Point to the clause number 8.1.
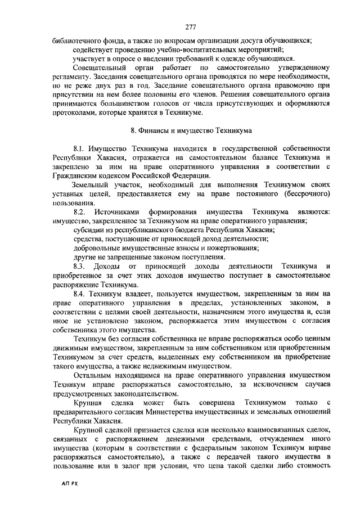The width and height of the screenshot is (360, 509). coord(82,148)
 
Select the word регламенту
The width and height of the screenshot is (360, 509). coord(71,76)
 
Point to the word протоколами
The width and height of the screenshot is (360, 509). coord(73,112)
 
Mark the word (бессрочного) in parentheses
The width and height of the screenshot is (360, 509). coord(305,193)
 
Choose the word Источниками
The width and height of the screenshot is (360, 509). coord(121,211)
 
